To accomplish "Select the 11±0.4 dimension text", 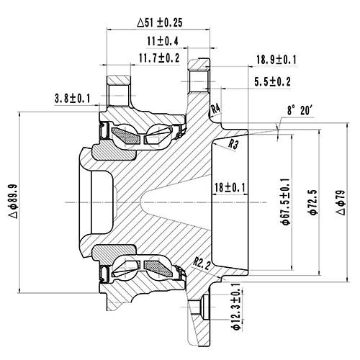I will pos(163,41).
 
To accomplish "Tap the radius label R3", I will pos(233,144).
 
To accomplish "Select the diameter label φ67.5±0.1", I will pos(286,202).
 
